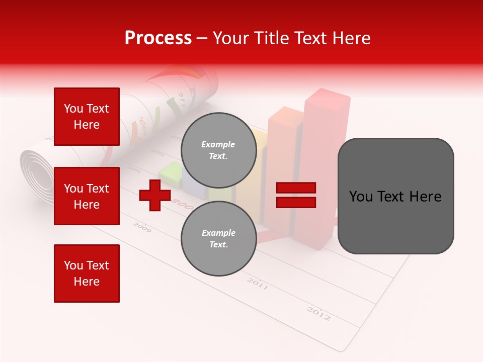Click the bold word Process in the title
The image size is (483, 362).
[158, 38]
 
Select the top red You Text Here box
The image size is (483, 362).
[87, 117]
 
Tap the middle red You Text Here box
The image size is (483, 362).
[87, 196]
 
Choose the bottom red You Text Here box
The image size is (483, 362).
[87, 274]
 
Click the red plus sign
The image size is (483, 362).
[154, 195]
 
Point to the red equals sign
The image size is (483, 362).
[296, 195]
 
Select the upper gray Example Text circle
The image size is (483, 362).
[218, 150]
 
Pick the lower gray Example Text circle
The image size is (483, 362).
[218, 238]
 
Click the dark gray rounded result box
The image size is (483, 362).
[395, 196]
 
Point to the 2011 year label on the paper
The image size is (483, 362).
[257, 284]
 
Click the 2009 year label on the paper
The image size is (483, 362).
[142, 227]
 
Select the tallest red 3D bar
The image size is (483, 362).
[322, 161]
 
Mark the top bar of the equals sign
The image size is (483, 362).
[296, 188]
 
